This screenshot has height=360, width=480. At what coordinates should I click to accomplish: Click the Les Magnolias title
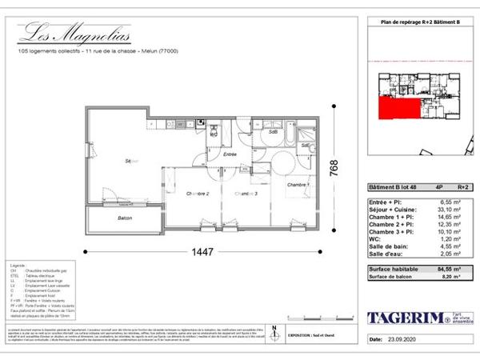point(76,33)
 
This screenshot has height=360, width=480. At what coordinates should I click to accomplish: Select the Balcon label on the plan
point(124,218)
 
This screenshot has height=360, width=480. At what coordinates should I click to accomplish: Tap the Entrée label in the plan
point(230,154)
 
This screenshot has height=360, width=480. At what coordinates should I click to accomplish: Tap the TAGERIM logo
point(405,318)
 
